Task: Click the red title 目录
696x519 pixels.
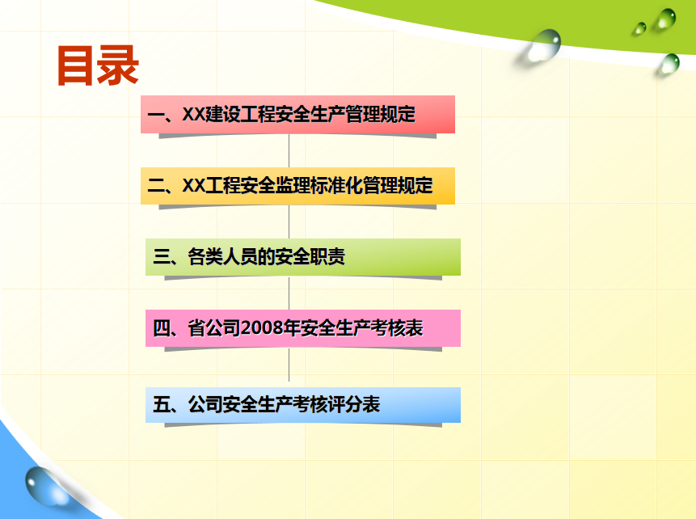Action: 98,65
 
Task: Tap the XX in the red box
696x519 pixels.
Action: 193,114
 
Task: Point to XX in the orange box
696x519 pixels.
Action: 193,186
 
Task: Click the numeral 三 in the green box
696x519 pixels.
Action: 162,256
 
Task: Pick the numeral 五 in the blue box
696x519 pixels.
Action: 162,404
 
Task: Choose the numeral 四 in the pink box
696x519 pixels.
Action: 162,328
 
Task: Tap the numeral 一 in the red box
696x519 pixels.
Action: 156,115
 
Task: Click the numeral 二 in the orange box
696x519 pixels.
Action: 156,186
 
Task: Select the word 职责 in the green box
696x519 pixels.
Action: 327,256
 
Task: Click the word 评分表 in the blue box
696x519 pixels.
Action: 354,404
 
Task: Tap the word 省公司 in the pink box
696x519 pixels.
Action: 214,328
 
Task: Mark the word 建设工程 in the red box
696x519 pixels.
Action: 240,114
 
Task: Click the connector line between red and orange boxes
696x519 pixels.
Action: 289,151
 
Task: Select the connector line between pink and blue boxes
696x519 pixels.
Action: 289,365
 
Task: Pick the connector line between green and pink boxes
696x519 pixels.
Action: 289,293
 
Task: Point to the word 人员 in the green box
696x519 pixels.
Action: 240,256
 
